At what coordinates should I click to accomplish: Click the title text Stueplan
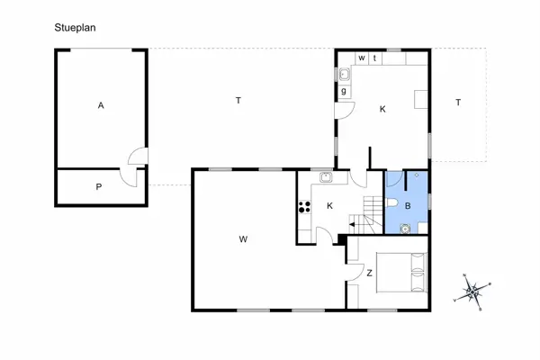coord(75,28)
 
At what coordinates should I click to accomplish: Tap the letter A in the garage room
coord(101,106)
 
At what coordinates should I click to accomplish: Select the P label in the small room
coord(99,187)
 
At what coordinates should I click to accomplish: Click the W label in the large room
coord(243,239)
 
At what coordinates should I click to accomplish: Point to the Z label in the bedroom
coord(369,273)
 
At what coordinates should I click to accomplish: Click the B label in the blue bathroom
coord(408,206)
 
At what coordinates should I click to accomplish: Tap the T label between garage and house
coord(238,101)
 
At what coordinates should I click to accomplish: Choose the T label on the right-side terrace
coord(457,103)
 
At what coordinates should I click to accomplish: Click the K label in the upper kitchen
coord(382,109)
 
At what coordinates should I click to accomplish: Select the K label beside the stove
coord(329,206)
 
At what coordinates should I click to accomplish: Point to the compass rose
coord(472,292)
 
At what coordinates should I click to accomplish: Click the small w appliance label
coord(362,58)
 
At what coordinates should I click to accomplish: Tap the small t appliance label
coord(374,58)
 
